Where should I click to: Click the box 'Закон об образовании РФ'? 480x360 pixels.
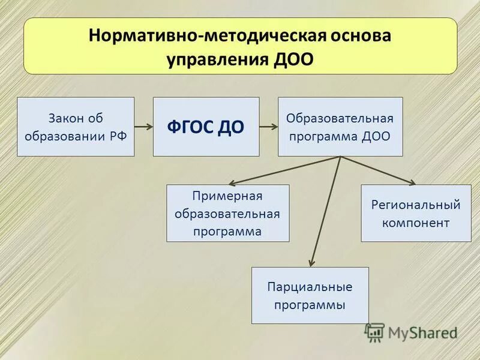pos(76,127)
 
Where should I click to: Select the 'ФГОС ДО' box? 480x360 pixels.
pos(206,127)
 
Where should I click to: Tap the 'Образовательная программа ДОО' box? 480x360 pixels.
pos(340,127)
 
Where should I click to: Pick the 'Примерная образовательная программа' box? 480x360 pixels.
pos(227,213)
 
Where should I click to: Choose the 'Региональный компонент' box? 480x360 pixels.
pos(415,213)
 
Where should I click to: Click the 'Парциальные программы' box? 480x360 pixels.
pos(310,295)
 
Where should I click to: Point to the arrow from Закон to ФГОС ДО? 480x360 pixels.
pos(143,127)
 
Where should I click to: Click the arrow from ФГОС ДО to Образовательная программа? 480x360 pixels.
pos(268,127)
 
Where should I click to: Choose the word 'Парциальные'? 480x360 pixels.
pos(310,287)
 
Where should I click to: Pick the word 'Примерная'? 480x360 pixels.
pos(227,196)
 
